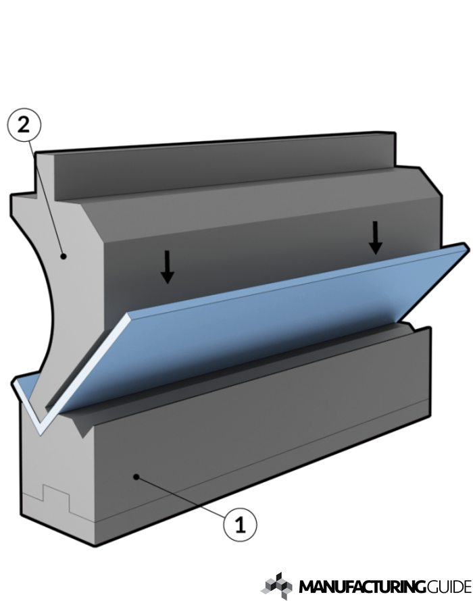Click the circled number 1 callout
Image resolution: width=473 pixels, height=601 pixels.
(x=240, y=523)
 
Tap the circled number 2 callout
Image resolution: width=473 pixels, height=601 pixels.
(x=24, y=126)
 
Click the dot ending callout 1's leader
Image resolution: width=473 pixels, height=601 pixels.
(x=136, y=477)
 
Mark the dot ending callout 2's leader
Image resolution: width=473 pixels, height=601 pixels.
(x=63, y=255)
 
